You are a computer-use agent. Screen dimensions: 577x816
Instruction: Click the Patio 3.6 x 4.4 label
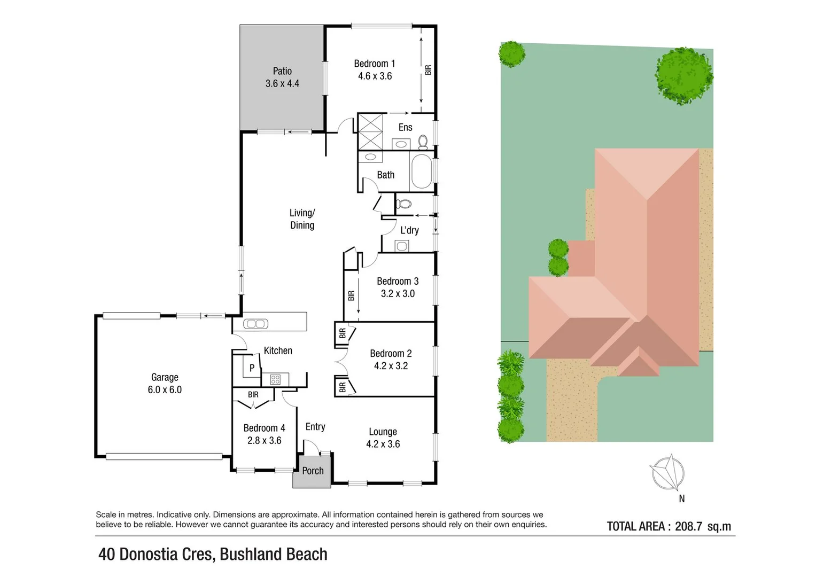point(282,77)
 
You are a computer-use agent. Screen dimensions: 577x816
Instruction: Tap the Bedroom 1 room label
point(374,64)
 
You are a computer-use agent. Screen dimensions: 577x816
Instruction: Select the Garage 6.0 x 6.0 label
point(165,384)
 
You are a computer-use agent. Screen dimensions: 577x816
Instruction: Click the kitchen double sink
point(255,324)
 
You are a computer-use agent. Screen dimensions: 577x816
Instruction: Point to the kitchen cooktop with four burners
point(275,379)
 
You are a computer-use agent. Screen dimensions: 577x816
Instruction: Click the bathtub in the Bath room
point(422,172)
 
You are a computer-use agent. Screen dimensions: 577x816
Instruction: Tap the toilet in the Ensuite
point(423,142)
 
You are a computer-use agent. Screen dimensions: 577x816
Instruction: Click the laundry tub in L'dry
point(401,246)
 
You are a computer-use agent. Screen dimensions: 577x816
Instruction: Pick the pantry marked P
point(252,368)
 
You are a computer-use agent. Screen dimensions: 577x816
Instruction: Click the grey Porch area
point(312,472)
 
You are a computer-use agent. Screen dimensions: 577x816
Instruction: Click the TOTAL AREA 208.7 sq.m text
point(669,526)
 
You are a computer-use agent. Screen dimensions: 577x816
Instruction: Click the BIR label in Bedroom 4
point(253,395)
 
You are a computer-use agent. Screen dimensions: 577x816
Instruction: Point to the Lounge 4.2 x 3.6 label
point(383,438)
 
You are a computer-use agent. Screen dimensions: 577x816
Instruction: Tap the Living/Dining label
point(302,219)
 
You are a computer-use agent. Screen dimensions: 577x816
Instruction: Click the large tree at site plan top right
point(683,75)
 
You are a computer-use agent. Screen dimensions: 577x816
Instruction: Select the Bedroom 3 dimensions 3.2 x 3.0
point(398,294)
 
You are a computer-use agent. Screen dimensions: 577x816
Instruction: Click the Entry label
point(315,426)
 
